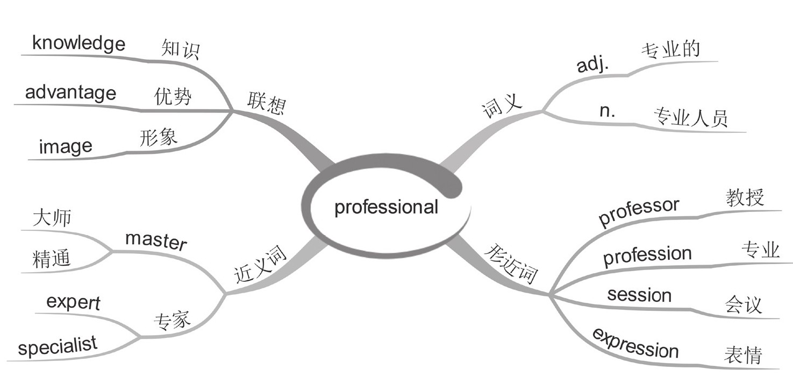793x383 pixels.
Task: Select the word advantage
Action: coord(70,93)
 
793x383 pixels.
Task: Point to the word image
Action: coord(66,146)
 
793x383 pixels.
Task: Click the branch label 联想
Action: coord(266,102)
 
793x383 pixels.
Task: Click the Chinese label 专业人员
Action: coord(690,117)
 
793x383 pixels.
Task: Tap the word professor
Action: coord(639,211)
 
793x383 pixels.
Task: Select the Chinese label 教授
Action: coord(745,198)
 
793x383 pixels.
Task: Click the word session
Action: coord(639,295)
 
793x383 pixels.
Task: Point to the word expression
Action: coord(635,343)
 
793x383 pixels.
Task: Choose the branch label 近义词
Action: coord(261,265)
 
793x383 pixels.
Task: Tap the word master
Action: coord(156,241)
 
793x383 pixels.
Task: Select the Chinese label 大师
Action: coord(52,218)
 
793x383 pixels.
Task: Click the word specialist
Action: coord(58,346)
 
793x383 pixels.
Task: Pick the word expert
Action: coord(73,303)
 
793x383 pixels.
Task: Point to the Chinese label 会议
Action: coord(744,305)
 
